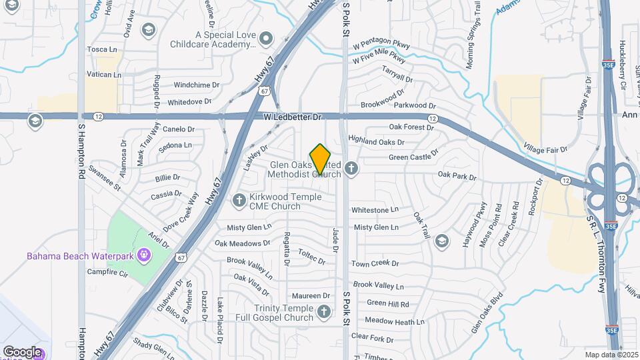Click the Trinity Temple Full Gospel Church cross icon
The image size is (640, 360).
point(323,311)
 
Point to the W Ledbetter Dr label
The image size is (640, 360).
point(293,117)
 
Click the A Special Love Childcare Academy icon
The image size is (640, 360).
point(266,38)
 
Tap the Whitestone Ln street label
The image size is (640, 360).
point(375,210)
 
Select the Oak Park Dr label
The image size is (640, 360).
point(457,177)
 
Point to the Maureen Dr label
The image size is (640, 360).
point(311,295)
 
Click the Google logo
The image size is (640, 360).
point(22,351)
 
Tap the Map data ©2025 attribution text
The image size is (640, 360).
point(611,355)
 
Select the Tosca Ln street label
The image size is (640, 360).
point(102,49)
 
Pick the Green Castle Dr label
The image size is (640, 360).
point(414,158)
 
